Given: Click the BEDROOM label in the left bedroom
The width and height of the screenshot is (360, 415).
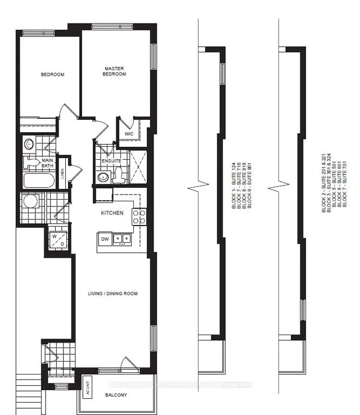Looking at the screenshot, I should pos(52,75).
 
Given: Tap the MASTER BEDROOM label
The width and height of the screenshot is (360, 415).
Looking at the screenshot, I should pos(114,71).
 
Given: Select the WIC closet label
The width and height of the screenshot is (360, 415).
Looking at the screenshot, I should pos(128,134).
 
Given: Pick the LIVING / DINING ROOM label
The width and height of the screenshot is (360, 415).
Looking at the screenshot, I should pos(112,294).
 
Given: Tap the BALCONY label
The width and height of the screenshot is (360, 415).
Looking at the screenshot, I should pos(115,395).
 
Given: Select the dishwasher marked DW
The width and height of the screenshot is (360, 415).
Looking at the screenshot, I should pos(104,239).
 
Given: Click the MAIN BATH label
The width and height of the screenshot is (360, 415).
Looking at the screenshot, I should pos(47,163).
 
